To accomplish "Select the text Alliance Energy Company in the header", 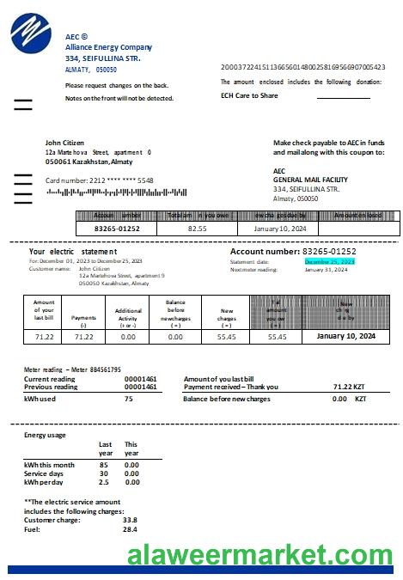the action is [x=108, y=47].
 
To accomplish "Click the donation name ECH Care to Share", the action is [x=249, y=95].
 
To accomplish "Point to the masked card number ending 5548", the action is [x=100, y=180].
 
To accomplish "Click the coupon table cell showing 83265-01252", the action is [x=116, y=229].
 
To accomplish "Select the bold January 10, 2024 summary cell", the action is [x=345, y=337].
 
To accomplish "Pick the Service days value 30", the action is [x=103, y=473].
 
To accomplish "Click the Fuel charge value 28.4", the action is [x=130, y=529].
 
